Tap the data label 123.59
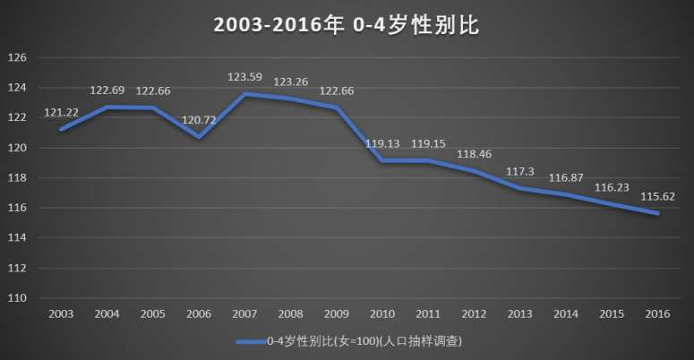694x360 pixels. point(245,78)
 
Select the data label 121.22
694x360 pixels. point(61,114)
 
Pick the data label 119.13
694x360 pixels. point(383,143)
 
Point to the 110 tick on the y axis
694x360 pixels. point(20,298)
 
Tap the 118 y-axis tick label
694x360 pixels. point(20,178)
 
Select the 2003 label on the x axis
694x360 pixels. point(61,314)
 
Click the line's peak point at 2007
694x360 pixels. point(245,94)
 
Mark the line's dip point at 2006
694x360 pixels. point(199,137)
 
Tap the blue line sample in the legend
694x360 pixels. point(251,342)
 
